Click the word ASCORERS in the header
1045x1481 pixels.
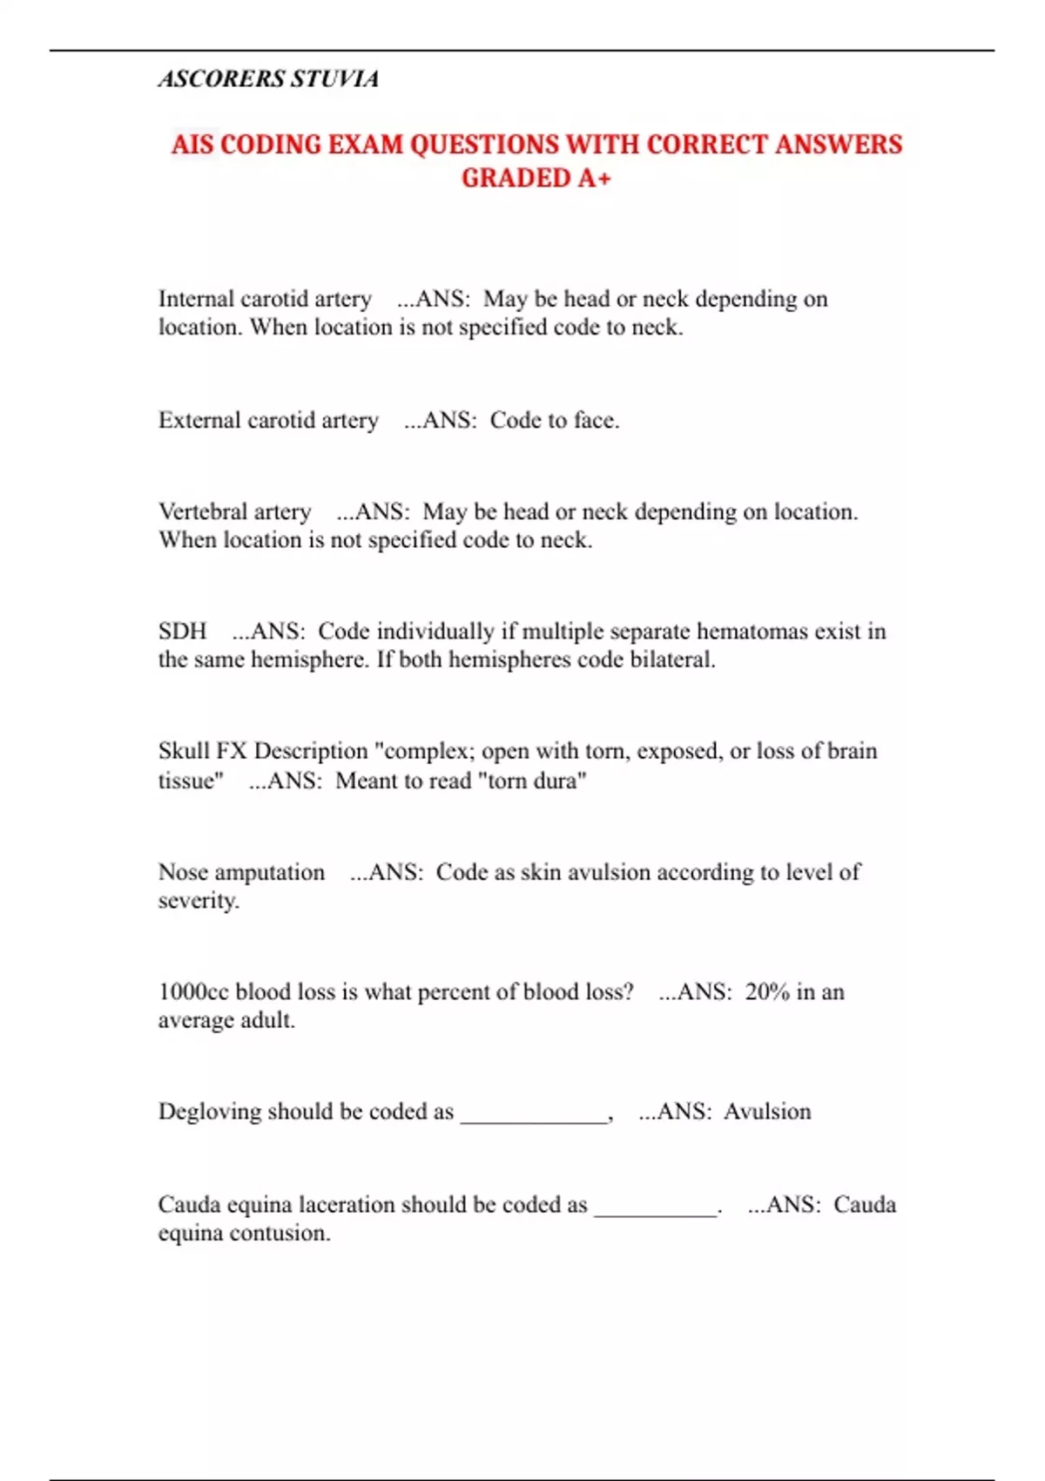[x=221, y=79]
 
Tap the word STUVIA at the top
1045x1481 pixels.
[x=334, y=79]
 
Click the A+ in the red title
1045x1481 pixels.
[x=594, y=179]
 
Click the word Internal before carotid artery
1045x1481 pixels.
[x=196, y=299]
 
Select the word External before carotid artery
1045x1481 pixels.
[x=199, y=420]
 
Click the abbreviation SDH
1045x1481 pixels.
[x=182, y=631]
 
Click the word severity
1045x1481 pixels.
[x=198, y=901]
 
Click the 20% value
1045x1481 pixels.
[x=767, y=991]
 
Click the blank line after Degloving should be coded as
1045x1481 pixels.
[x=533, y=1117]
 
